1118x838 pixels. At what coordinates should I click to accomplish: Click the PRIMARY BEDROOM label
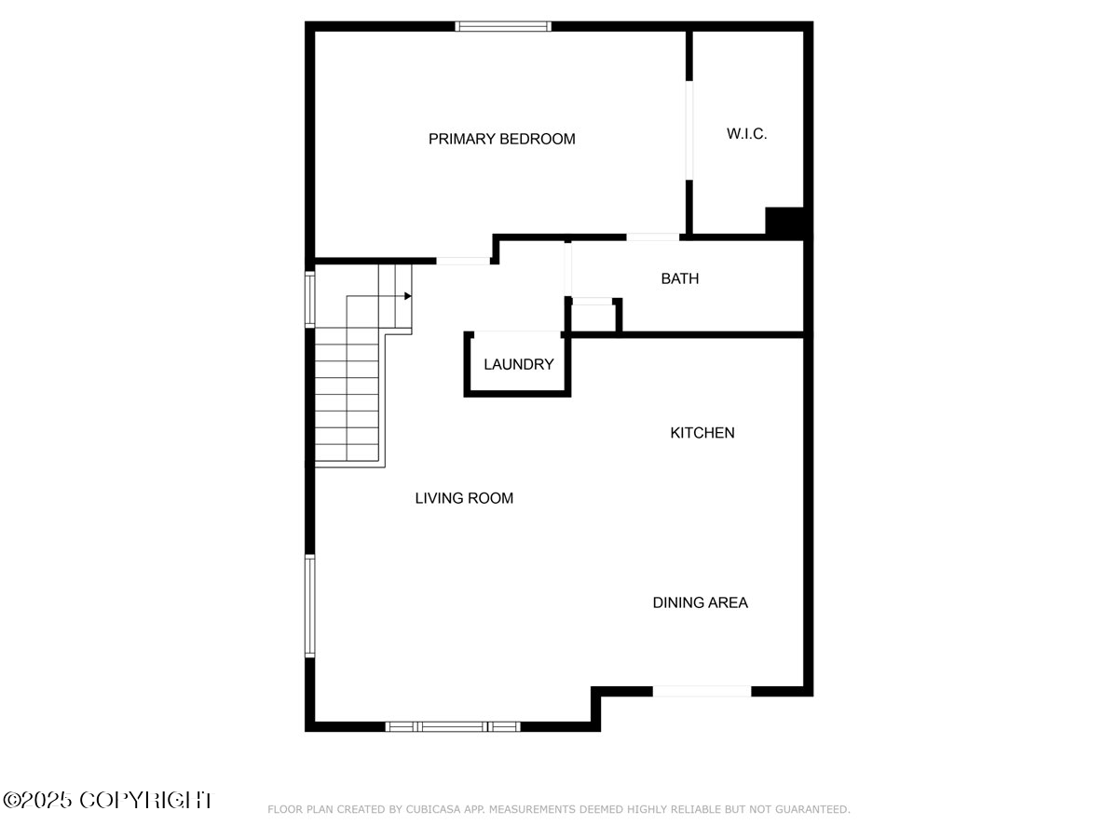[x=501, y=140]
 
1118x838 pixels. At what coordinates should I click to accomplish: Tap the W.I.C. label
[x=746, y=134]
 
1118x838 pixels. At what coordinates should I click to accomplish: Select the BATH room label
[x=679, y=278]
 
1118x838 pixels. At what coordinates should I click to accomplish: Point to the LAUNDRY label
[x=518, y=365]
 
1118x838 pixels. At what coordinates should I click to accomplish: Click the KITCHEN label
[x=702, y=433]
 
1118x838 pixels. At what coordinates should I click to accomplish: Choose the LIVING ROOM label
[x=464, y=498]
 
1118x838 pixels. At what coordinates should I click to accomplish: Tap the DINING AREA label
[x=700, y=602]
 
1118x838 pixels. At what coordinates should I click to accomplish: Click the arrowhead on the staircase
[x=408, y=296]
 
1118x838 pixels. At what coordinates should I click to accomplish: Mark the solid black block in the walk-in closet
[x=784, y=222]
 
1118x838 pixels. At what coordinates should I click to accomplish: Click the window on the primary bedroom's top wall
[x=503, y=26]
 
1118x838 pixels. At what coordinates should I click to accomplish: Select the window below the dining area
[x=702, y=691]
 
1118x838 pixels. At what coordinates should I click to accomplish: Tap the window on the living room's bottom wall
[x=453, y=726]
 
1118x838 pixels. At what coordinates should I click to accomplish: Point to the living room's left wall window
[x=310, y=606]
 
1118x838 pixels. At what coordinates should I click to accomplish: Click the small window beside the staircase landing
[x=310, y=299]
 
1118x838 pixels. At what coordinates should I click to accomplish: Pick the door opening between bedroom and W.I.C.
[x=689, y=130]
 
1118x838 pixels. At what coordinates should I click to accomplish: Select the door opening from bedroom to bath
[x=652, y=237]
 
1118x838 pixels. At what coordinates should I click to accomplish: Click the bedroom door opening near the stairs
[x=463, y=261]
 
